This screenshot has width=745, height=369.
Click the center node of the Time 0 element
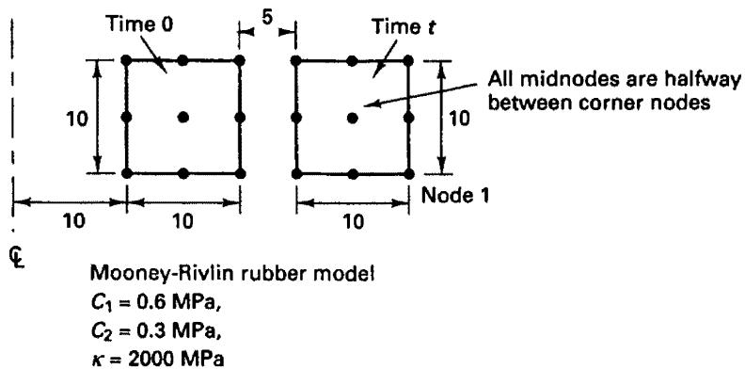point(182,117)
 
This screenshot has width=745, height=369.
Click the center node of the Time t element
point(352,118)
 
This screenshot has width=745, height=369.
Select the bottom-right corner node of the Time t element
point(409,173)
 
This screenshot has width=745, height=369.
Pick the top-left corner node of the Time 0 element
point(126,60)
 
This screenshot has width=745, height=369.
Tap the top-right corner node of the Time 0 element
point(240,60)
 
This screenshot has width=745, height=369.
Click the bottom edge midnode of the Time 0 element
point(182,173)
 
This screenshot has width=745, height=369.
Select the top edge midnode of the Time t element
point(352,61)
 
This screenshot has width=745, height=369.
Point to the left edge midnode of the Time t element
point(296,118)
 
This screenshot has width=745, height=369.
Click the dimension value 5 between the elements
point(267,23)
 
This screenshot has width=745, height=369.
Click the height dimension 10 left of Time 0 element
point(77,119)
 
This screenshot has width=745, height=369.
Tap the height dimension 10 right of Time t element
point(459,119)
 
